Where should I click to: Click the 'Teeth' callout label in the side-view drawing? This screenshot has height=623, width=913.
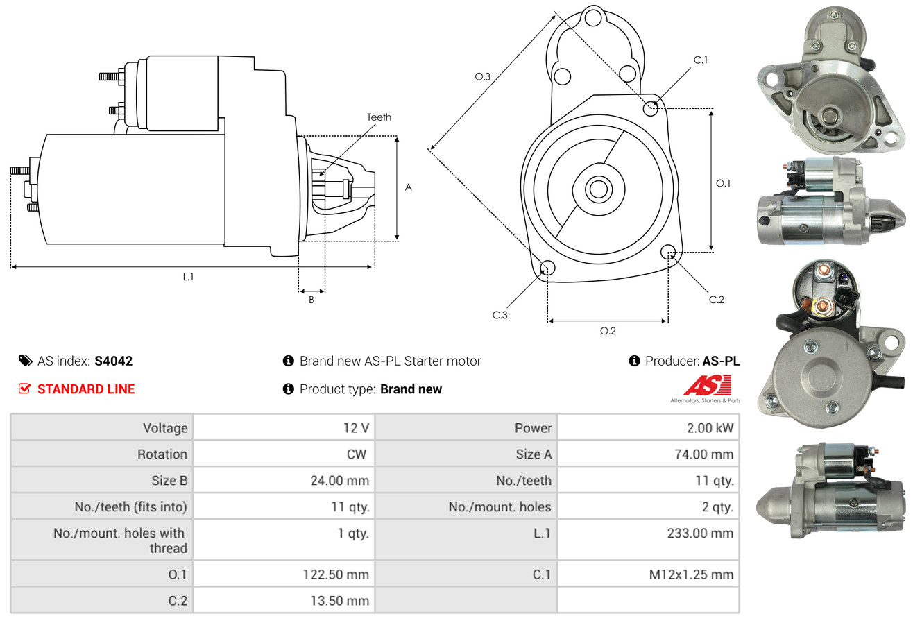pos(379,117)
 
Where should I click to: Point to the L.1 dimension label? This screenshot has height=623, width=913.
pos(188,277)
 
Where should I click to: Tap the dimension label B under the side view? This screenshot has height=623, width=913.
pos(312,300)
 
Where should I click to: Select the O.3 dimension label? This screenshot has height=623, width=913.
pos(483,77)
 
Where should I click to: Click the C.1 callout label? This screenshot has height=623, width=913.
pos(701,60)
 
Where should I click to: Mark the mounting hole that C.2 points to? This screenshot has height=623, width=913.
pos(668,251)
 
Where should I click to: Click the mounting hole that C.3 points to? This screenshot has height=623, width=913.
pos(547,268)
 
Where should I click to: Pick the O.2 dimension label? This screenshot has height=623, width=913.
pos(608,331)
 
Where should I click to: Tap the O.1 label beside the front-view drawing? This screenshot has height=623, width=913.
pos(723,183)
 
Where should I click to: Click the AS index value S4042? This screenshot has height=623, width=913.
pos(114,361)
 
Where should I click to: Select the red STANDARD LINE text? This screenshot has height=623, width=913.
pos(86,389)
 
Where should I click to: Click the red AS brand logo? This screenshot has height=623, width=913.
pos(706,386)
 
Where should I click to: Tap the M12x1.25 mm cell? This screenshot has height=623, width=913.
pos(692,574)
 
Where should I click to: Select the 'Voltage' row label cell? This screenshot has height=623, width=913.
pos(165,428)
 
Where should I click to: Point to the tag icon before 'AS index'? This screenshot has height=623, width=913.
pos(25,361)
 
